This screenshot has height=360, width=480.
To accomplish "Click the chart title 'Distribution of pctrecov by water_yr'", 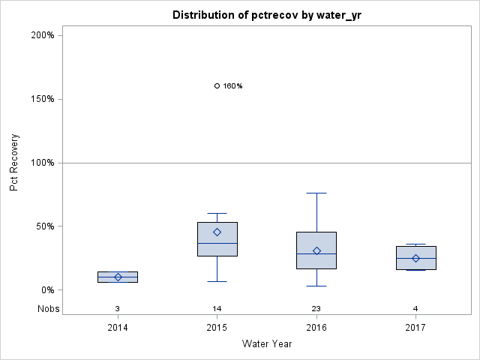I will coord(266,15).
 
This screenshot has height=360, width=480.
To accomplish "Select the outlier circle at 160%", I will coord(217,85).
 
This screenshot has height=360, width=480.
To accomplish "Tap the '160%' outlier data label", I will coord(232,86).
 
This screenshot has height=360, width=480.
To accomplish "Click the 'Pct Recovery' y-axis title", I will coord(14,163).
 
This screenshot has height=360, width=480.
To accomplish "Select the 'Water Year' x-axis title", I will coord(266,344).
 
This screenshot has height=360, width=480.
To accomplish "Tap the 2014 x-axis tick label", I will coord(118,328).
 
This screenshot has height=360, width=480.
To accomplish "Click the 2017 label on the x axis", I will coord(415,328).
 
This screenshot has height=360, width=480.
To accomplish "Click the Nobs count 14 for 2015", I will coord(217,308).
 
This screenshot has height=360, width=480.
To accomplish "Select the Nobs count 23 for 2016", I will coord(316,308).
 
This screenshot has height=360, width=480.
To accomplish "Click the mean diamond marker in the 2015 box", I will coord(217,232).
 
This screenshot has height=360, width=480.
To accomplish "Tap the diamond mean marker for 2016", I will coord(316,251).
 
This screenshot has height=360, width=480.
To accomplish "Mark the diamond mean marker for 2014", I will coord(118,277).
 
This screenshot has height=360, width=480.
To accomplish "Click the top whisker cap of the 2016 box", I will coord(316,193).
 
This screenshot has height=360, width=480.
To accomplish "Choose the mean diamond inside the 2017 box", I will coord(415,258).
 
